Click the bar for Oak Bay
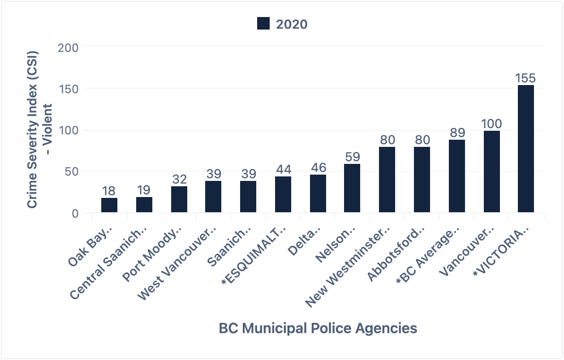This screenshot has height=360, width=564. coord(109,205)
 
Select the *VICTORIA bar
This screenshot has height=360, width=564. coord(525,149)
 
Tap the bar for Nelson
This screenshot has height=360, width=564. coord(352,188)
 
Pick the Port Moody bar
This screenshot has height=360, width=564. coord(179,199)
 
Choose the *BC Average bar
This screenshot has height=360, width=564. coord(456,176)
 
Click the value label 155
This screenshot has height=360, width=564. coord(525,78)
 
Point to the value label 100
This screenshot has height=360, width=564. coord(491,124)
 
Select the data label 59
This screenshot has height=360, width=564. coord(352,157)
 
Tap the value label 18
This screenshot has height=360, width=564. coord(109,191)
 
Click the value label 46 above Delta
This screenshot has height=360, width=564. coord(318,167)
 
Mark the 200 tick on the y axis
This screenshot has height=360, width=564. coord(68,47)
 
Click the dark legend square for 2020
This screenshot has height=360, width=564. coord(263,24)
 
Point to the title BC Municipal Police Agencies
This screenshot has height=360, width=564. coord(318,328)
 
